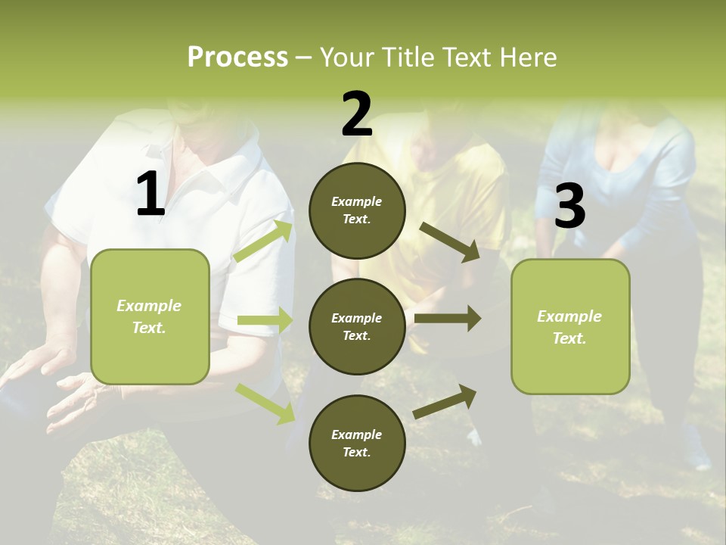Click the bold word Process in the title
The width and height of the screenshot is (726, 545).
237,58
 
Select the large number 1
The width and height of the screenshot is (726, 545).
150,195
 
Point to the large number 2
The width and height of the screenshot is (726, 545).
357,114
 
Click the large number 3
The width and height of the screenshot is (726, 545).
569,207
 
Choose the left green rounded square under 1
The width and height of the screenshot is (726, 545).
150,316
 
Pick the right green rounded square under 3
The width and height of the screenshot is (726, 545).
570,326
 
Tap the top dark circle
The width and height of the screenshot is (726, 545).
357,210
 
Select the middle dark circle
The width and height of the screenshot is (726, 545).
357,326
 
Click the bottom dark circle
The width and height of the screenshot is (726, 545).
357,443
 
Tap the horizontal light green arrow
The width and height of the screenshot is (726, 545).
264,320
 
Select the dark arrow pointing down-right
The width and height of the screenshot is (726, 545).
450,241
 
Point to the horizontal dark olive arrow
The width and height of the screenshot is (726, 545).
447,319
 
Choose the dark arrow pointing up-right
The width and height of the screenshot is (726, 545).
445,401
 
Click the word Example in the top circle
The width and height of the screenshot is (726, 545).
357,202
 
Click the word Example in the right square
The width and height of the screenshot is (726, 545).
569,316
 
